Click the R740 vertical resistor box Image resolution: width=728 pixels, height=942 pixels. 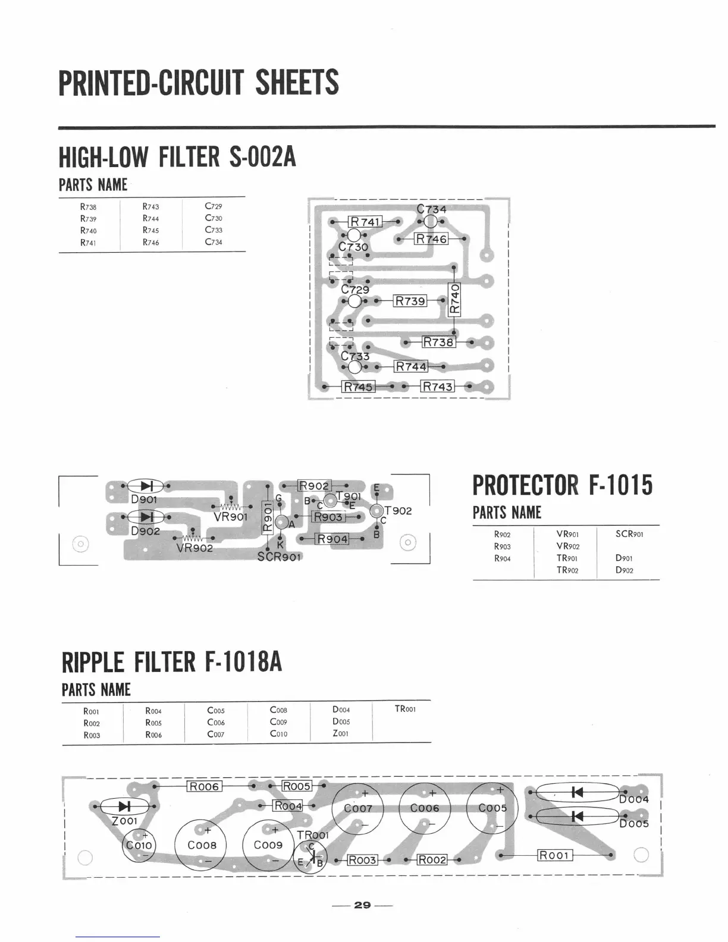(x=454, y=299)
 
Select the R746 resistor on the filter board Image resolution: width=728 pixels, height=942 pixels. (x=431, y=239)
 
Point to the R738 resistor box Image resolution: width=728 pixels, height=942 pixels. (x=438, y=342)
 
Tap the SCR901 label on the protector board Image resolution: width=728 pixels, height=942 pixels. (x=280, y=557)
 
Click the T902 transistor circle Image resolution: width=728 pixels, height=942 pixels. (x=376, y=510)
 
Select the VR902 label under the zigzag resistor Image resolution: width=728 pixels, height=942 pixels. (x=194, y=548)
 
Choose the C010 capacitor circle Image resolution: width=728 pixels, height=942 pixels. (x=139, y=845)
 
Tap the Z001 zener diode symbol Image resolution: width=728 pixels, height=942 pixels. (x=124, y=806)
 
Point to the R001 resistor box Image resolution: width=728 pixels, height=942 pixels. (x=554, y=855)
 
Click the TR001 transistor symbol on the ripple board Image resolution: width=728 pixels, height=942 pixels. (x=310, y=857)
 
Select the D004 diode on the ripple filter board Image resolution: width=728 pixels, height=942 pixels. (x=576, y=792)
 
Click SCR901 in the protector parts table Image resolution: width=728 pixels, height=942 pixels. (x=629, y=534)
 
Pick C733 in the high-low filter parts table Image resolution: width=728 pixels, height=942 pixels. (x=214, y=230)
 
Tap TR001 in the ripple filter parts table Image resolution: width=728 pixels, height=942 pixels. (x=405, y=709)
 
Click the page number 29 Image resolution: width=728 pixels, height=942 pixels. (x=362, y=905)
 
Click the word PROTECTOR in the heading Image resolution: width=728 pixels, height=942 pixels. (x=525, y=485)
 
